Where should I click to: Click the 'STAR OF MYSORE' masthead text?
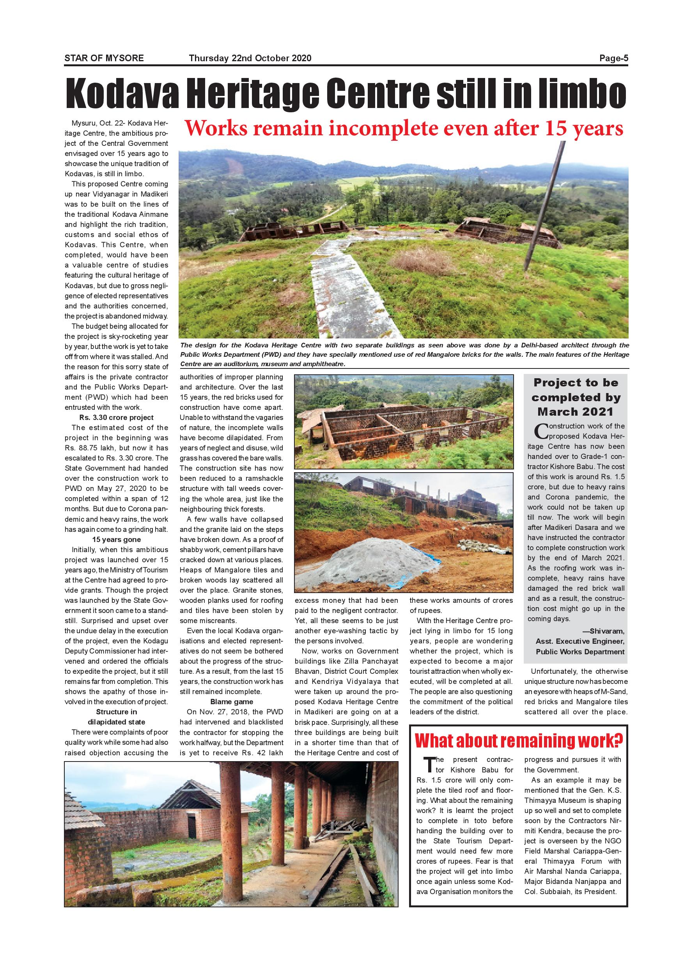point(104,58)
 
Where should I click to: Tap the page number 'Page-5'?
point(614,58)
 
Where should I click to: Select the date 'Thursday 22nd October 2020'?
point(250,58)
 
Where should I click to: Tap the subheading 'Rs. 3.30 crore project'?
point(116,417)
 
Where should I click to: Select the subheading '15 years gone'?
point(116,540)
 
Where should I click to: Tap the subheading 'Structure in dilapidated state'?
point(116,717)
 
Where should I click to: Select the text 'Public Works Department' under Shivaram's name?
point(580,652)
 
